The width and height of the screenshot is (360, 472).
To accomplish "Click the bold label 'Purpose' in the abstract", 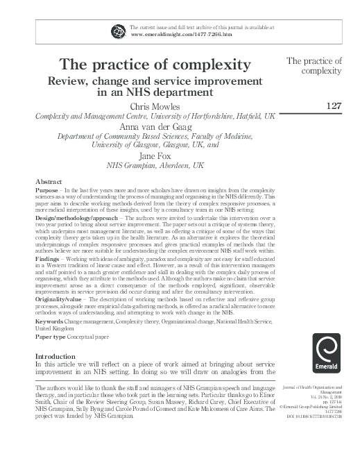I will coord(47,189).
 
